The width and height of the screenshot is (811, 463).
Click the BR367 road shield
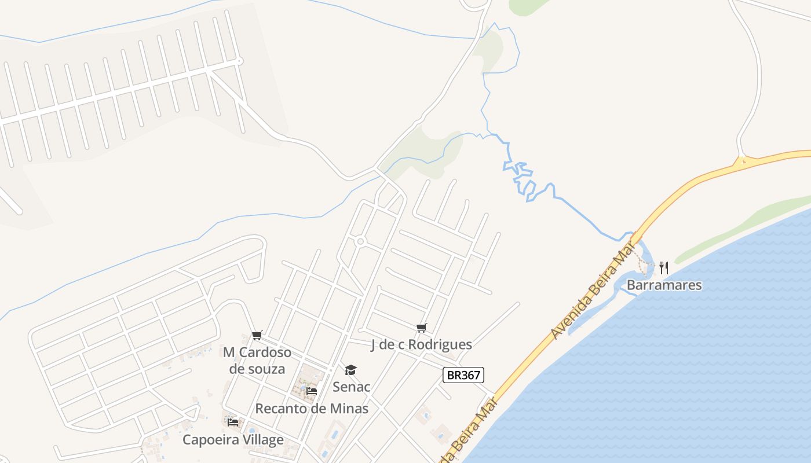[463, 375]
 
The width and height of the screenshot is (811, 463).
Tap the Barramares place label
[664, 285]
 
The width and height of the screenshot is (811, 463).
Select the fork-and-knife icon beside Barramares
[664, 268]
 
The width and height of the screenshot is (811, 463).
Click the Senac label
[351, 387]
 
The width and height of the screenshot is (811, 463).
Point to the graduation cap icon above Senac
[351, 370]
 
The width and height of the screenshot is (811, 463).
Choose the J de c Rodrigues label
[421, 345]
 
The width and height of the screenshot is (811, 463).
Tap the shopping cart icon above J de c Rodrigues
[422, 328]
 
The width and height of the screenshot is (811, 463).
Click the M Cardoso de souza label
[257, 360]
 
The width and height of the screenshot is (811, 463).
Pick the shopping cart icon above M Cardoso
[257, 336]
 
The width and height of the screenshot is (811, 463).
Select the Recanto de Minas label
[312, 409]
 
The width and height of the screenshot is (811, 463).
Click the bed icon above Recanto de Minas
[312, 391]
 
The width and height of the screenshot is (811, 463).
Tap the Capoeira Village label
[233, 440]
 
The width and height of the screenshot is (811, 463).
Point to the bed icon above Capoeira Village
[233, 422]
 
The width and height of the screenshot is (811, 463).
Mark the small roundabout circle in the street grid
[360, 241]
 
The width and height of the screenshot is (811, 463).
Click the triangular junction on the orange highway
[741, 161]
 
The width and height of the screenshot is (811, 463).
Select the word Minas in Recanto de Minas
[349, 409]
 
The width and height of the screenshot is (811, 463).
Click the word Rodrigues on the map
[440, 345]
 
